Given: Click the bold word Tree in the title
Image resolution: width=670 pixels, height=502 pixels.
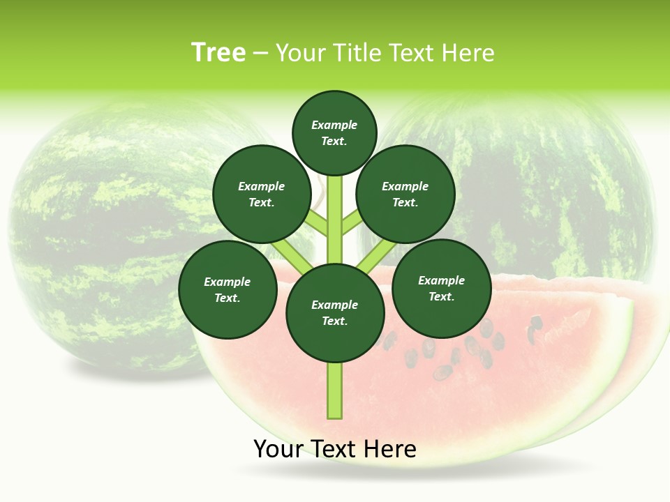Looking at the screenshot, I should pos(218,53).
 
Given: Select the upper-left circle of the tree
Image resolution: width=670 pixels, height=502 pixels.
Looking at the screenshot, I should pos(261,195).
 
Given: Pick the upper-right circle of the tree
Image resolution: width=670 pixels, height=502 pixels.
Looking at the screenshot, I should pos(405,195).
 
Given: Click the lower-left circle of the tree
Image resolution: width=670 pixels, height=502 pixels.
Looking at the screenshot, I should pos(228,289).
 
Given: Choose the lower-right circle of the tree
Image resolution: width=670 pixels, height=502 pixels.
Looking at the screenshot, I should pos(441,288).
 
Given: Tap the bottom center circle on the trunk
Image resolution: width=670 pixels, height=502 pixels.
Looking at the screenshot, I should pos(335,313).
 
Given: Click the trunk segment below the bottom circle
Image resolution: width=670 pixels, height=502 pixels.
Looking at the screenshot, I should pos(335,390).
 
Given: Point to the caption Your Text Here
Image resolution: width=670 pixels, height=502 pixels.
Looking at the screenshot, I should pos(335,449).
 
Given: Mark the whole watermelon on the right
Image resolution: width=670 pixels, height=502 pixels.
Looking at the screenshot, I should pos(558,181).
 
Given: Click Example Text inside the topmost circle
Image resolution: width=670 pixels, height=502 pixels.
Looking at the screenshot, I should pos(334,132).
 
